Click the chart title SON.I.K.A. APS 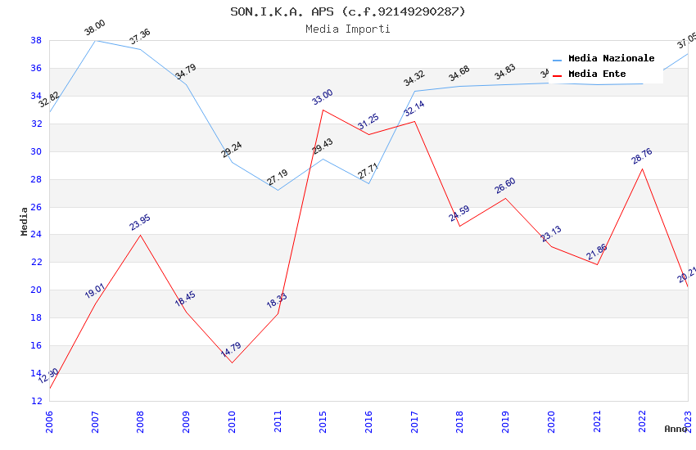(347, 11)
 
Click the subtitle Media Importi (347, 29)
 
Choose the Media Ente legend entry (597, 74)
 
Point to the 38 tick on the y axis (36, 40)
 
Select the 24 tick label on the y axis (36, 235)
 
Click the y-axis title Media (25, 221)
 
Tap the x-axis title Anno (676, 429)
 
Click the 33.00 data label (323, 97)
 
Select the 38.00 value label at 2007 (95, 28)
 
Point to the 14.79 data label (232, 350)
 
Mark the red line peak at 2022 (642, 169)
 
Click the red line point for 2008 (141, 236)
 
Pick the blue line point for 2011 (278, 191)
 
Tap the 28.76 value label (642, 156)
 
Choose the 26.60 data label (505, 186)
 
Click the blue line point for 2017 (414, 91)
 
